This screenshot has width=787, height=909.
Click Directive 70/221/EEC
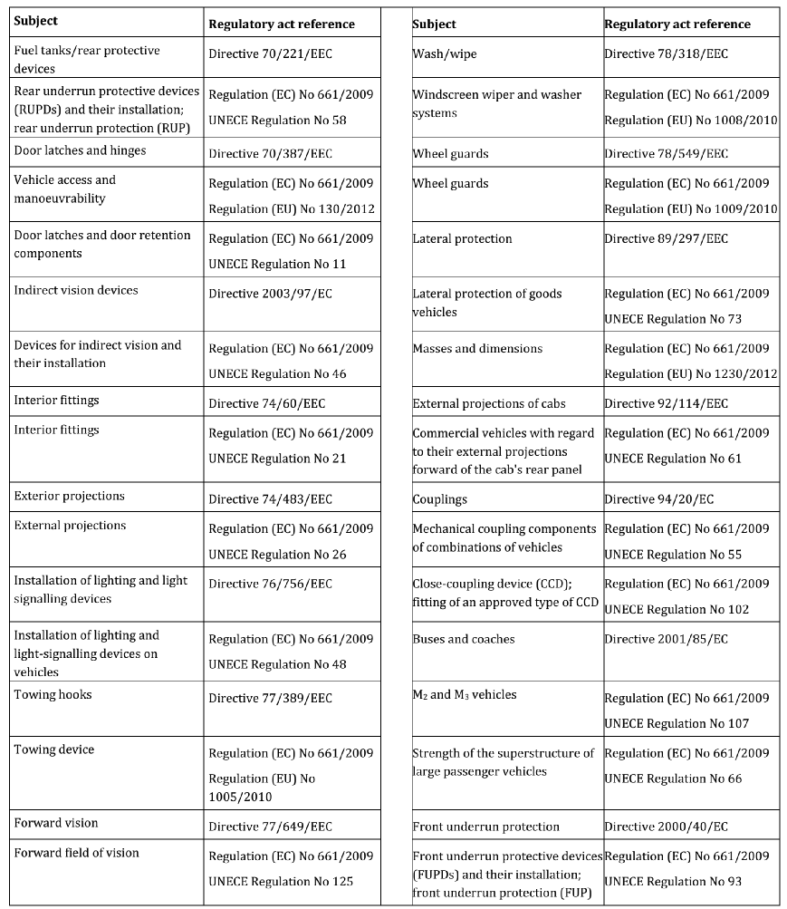click(270, 54)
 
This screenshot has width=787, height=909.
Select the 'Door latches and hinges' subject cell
click(80, 150)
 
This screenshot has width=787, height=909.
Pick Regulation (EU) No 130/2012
click(292, 208)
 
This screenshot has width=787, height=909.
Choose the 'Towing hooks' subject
click(53, 694)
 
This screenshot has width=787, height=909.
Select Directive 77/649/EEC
click(270, 827)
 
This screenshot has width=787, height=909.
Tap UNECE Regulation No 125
click(281, 881)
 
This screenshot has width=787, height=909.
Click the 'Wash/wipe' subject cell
click(444, 54)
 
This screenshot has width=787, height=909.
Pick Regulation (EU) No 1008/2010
click(691, 120)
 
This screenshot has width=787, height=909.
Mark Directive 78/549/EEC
click(666, 154)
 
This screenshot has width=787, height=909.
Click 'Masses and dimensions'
click(477, 349)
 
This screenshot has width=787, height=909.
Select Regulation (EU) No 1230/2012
click(691, 373)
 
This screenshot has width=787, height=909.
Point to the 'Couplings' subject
click(439, 498)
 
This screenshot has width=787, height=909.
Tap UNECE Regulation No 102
click(677, 609)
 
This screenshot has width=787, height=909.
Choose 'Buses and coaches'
click(463, 639)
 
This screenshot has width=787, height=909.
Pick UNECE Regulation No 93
click(673, 881)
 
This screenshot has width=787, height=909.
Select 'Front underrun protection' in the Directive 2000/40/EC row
click(485, 827)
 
